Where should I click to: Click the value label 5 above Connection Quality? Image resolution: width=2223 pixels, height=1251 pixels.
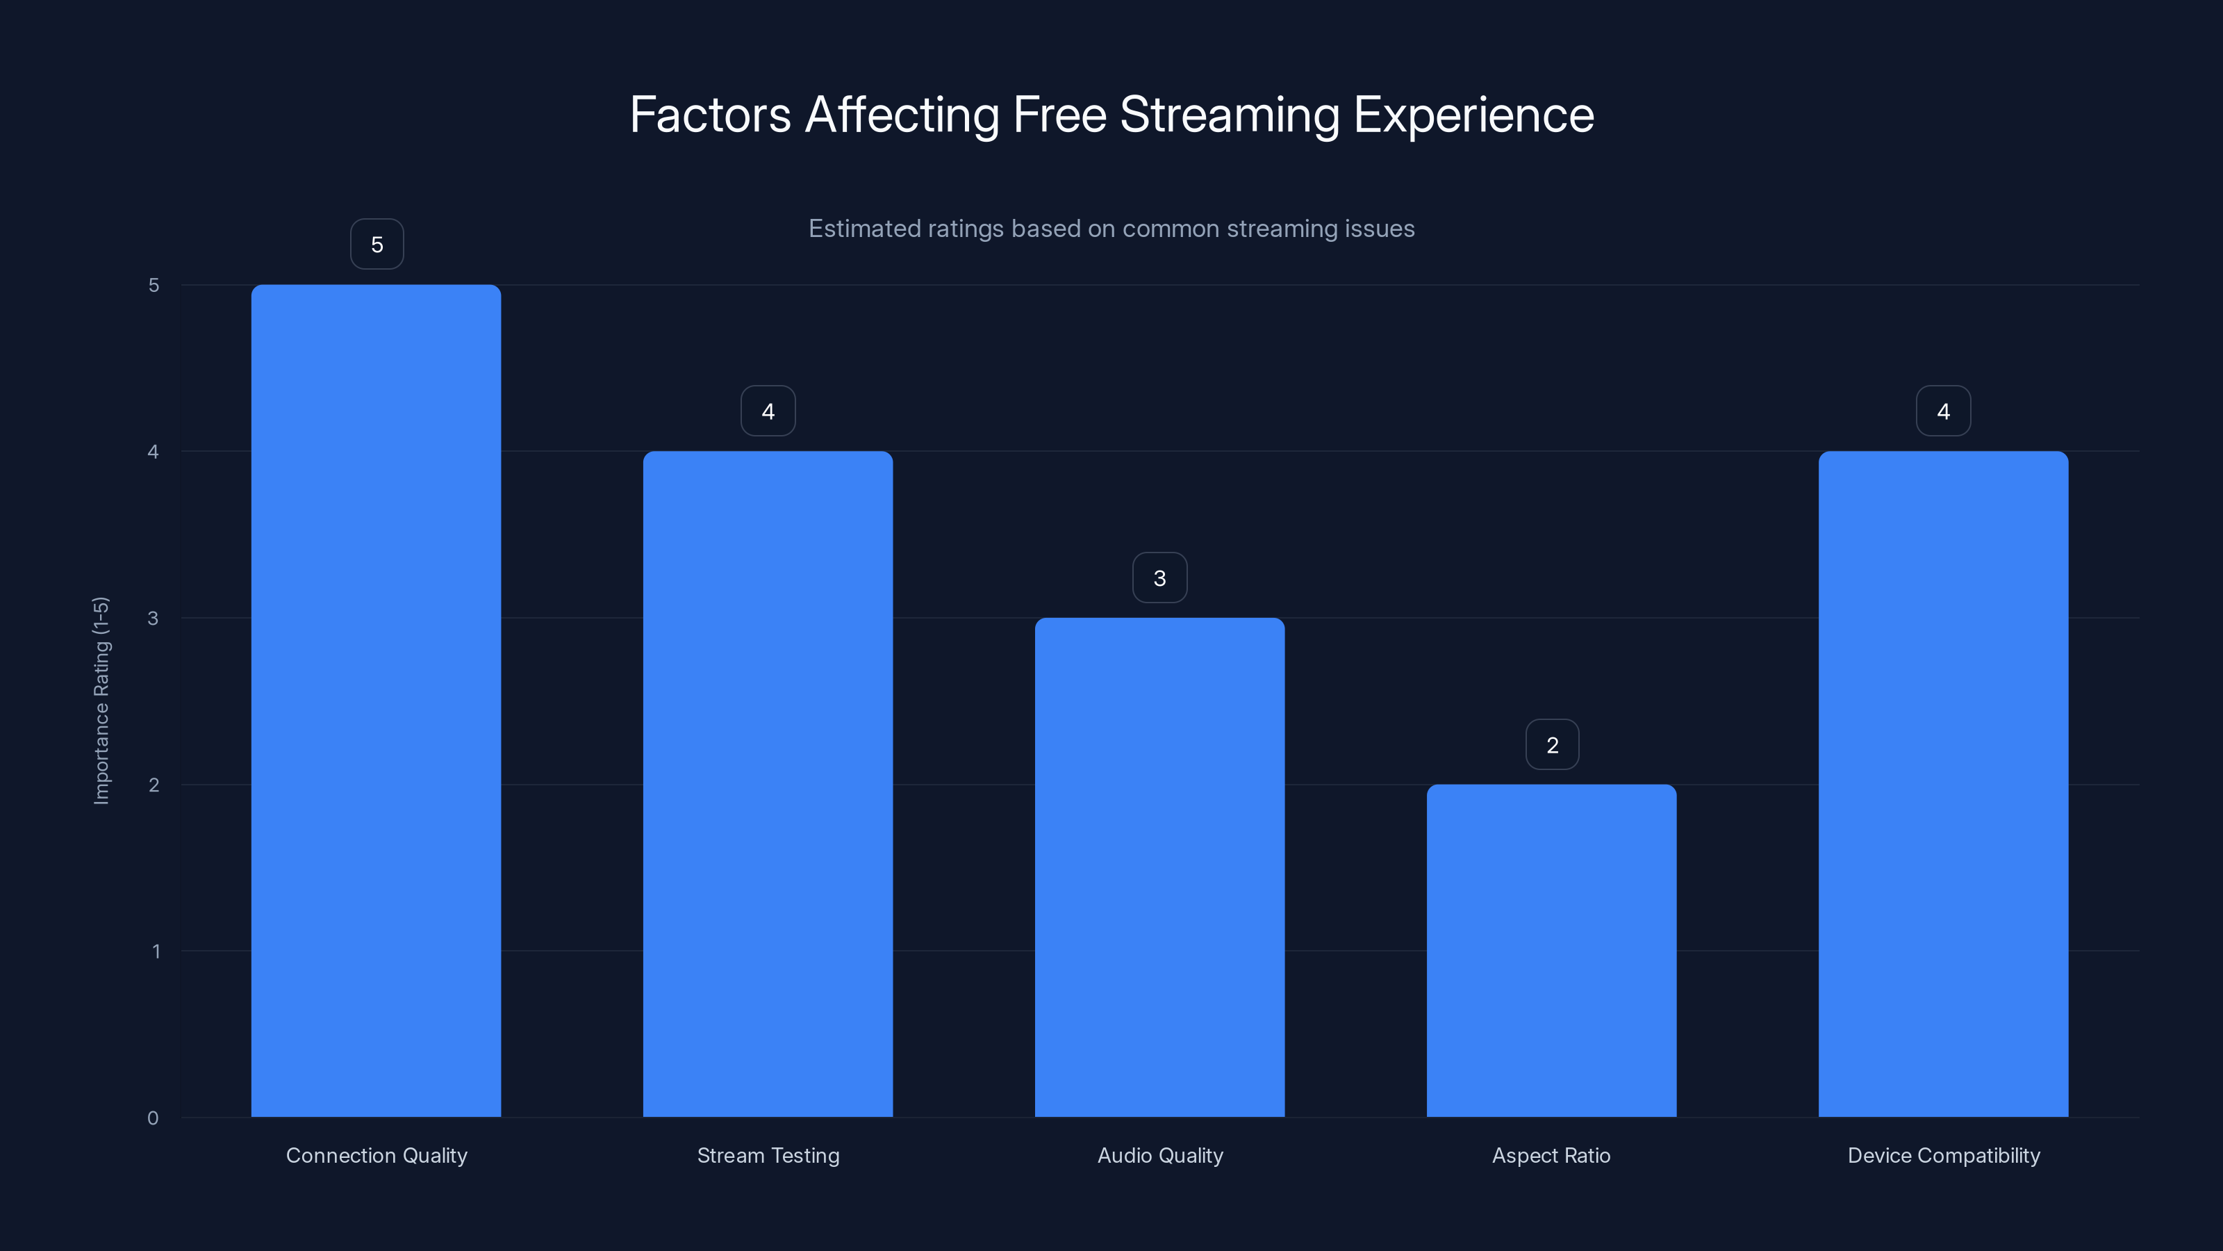tap(377, 245)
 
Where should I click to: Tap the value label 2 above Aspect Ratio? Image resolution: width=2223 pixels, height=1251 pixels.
tap(1552, 744)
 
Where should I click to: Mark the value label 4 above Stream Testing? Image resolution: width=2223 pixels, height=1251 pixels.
tap(768, 411)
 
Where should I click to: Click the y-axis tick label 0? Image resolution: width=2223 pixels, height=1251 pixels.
tap(153, 1118)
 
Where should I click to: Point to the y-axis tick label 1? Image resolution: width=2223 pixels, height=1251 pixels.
tap(156, 951)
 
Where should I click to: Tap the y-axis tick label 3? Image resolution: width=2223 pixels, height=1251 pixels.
tap(153, 618)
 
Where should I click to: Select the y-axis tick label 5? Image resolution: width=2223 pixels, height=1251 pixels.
tap(154, 285)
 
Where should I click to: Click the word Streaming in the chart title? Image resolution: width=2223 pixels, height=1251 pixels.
tap(1229, 115)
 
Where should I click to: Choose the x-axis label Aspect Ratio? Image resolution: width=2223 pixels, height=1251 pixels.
tap(1551, 1155)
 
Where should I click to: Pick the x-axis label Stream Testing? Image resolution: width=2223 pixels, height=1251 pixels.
tap(768, 1155)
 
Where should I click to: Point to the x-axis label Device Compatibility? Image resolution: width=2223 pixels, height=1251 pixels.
tap(1944, 1155)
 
